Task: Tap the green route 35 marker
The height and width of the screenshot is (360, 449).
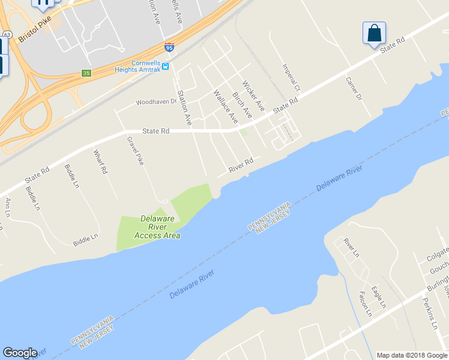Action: coord(87,73)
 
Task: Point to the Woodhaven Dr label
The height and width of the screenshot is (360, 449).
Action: coord(156,102)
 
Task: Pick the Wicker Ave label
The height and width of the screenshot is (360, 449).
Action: coord(253,95)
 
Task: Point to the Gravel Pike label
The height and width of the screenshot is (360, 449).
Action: coord(135,151)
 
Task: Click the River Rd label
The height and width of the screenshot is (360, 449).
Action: coord(240,166)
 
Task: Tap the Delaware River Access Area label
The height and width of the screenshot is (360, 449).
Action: coord(157,227)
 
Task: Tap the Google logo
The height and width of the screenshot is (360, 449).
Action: coord(20,353)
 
